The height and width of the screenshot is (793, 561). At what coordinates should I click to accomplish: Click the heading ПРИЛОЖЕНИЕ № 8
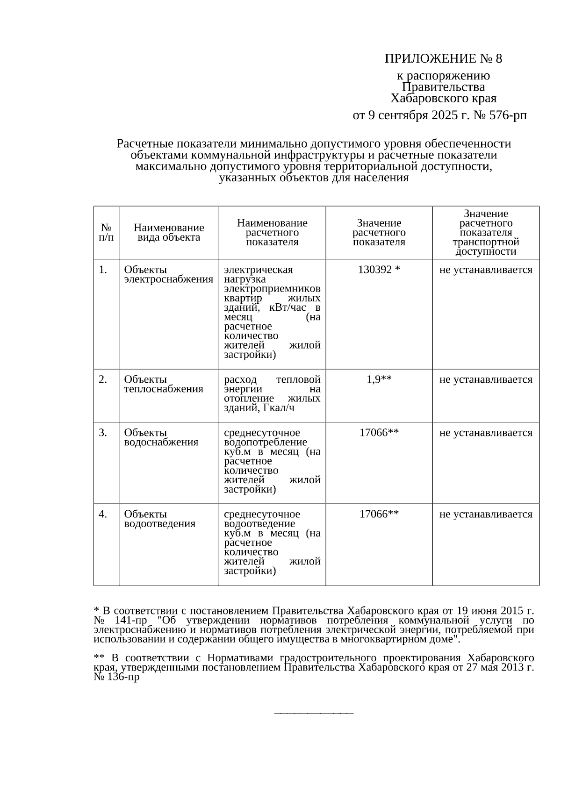443,59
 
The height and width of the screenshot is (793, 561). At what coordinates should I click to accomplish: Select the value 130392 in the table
374,270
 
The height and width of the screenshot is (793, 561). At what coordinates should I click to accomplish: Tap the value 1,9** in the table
379,379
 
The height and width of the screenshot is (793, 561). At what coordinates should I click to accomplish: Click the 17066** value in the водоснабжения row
379,433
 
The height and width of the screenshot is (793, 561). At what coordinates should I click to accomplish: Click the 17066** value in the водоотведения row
379,514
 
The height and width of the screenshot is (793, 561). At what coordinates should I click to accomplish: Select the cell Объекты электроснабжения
168,275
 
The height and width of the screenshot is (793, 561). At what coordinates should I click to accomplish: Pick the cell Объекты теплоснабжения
163,384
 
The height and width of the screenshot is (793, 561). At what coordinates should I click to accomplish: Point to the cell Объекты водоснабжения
161,437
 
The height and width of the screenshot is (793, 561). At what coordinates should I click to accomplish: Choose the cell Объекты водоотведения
159,519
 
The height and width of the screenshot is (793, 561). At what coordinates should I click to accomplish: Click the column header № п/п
106,233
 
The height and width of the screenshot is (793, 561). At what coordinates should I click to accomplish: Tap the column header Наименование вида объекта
169,233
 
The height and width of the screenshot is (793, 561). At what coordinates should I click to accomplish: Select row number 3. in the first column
103,433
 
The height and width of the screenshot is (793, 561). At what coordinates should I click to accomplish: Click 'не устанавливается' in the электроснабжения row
486,270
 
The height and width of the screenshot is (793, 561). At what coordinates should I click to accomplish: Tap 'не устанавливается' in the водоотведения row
486,514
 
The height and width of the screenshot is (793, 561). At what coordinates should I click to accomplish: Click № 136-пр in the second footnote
116,677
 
